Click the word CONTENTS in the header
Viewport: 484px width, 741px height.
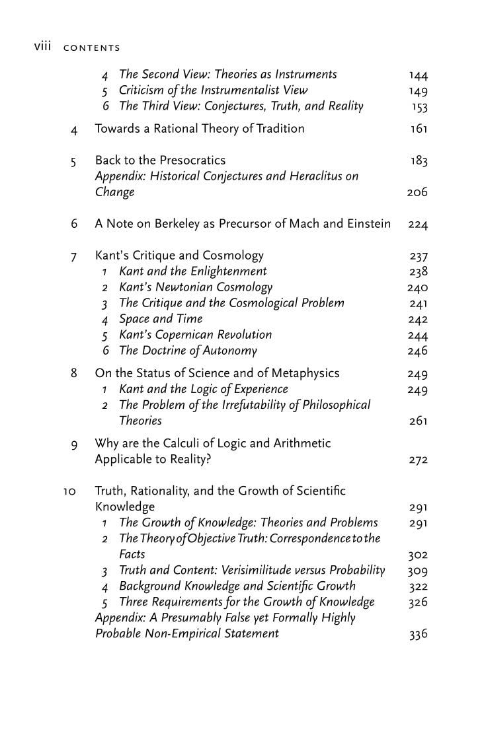[92, 48]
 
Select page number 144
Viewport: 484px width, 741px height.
[418, 76]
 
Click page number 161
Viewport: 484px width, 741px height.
[419, 129]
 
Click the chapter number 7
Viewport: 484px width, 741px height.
[74, 256]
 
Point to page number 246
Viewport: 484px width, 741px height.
[418, 351]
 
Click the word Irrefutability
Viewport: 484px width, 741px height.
[243, 405]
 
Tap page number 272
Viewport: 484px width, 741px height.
[418, 460]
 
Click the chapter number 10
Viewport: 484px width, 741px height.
[69, 491]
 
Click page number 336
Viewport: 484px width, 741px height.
[418, 635]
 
